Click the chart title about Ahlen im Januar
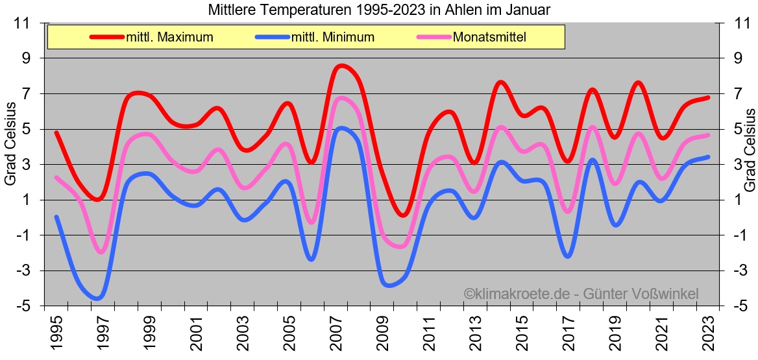coord(380,10)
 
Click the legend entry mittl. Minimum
coord(333,37)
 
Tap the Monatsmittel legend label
coord(489,37)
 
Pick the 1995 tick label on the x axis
coord(57,332)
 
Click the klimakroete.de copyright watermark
coord(581,294)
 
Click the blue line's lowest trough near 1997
coord(98,298)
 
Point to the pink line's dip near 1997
coord(101,252)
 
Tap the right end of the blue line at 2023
coord(708,157)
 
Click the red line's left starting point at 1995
coord(56,133)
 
